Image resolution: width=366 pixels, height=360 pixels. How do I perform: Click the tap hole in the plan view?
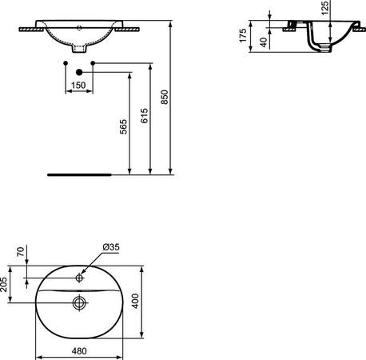[79, 278]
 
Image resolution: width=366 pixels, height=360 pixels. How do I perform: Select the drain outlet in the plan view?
[79, 303]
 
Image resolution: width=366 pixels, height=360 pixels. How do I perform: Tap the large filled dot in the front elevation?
[78, 71]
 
